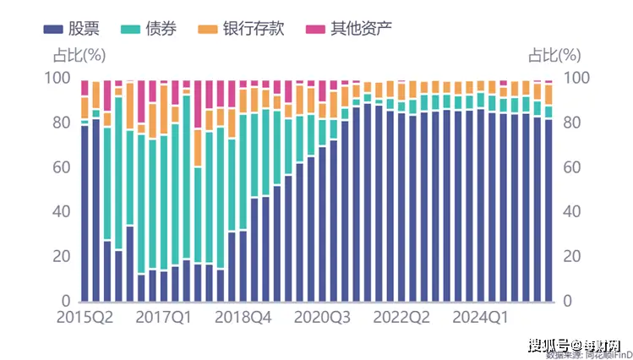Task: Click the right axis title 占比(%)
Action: tap(554, 56)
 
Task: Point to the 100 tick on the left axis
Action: tap(57, 78)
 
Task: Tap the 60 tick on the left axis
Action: tap(62, 167)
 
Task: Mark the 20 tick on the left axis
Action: tap(62, 257)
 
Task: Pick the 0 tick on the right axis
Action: tap(567, 302)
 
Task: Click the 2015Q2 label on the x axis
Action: tap(85, 319)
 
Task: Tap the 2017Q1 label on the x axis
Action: tap(164, 319)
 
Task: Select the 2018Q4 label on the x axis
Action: tap(243, 319)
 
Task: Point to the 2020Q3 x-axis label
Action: tap(322, 319)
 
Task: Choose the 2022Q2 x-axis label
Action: tap(401, 319)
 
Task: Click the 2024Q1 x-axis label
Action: tap(480, 319)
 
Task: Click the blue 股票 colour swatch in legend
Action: tap(52, 30)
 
